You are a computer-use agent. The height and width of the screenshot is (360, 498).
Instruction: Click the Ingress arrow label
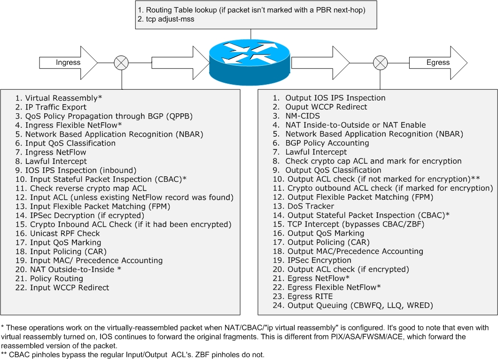(68, 63)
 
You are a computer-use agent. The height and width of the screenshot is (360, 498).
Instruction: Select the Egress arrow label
(437, 63)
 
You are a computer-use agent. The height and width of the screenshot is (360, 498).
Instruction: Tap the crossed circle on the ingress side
(122, 63)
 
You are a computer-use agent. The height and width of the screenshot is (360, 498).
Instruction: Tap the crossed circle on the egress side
(380, 63)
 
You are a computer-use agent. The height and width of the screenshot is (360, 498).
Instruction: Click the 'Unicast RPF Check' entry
(65, 234)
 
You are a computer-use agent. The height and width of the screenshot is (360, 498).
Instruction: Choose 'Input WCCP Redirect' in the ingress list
(69, 288)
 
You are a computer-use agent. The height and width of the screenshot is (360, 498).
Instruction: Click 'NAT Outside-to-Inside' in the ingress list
(72, 269)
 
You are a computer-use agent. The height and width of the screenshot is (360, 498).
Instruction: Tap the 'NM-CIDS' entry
(303, 116)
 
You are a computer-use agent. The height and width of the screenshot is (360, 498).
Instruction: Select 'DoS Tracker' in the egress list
(311, 206)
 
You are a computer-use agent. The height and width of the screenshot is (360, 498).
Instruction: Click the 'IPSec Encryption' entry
(319, 260)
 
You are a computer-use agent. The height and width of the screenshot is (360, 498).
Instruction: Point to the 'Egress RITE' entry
(310, 297)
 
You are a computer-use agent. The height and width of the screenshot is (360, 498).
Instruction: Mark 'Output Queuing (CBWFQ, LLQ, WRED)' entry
(360, 305)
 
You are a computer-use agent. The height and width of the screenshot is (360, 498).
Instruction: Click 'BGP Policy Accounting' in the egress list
(327, 143)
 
